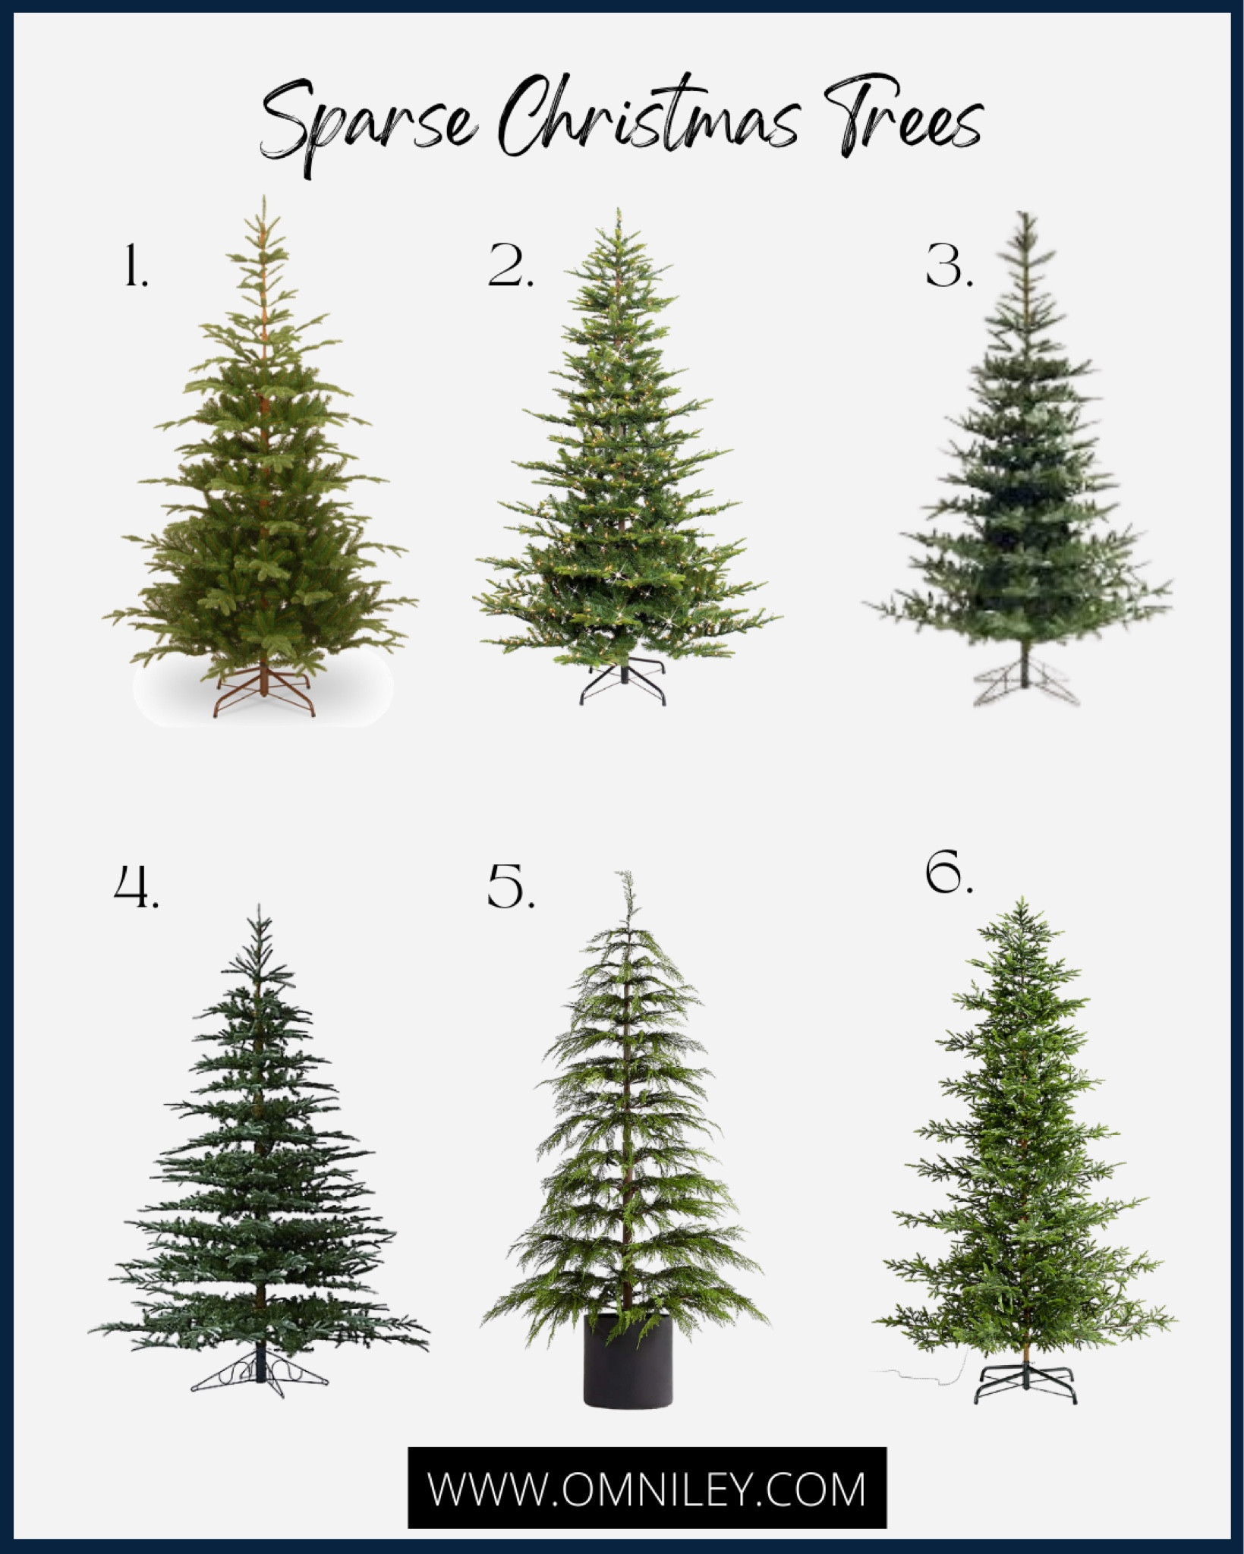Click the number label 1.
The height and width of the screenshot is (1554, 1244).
click(x=135, y=266)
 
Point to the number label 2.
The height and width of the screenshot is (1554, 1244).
click(x=511, y=266)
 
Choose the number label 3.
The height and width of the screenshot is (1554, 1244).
click(x=949, y=266)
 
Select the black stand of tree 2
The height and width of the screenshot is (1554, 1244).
click(x=622, y=682)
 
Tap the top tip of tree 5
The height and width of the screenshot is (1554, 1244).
click(x=624, y=872)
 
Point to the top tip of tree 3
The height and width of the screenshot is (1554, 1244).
click(x=1027, y=212)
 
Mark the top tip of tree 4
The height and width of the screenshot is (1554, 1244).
click(x=259, y=904)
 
